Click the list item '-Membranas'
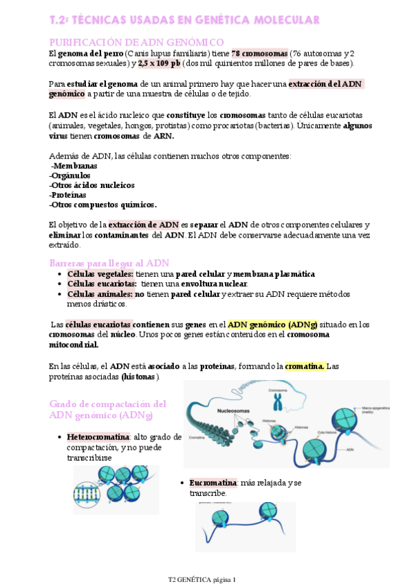[74, 166]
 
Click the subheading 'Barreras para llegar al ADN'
[109, 263]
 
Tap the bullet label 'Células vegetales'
[100, 273]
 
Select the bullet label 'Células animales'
[99, 293]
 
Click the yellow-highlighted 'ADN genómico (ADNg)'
[272, 324]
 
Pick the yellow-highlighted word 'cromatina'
[305, 366]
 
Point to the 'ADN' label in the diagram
[350, 449]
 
